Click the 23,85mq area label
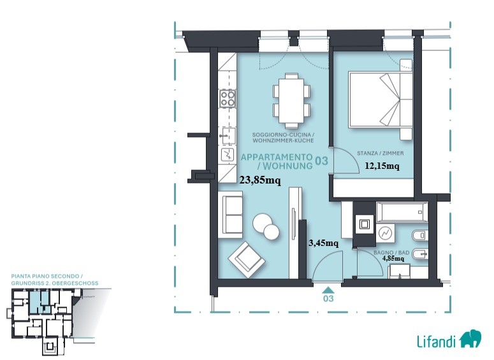pyautogui.click(x=260, y=180)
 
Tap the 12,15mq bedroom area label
pyautogui.click(x=382, y=166)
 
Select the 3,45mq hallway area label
pyautogui.click(x=324, y=243)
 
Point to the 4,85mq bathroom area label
pyautogui.click(x=393, y=258)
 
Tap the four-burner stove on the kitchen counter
pyautogui.click(x=228, y=98)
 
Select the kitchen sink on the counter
pyautogui.click(x=228, y=136)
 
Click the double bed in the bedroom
pyautogui.click(x=381, y=99)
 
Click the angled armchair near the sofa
pyautogui.click(x=247, y=259)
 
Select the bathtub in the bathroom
pyautogui.click(x=402, y=212)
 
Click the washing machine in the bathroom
pyautogui.click(x=385, y=233)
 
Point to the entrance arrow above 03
pyautogui.click(x=328, y=290)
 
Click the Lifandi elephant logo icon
pyautogui.click(x=470, y=338)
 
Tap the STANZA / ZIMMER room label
pyautogui.click(x=381, y=154)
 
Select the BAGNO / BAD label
pyautogui.click(x=391, y=252)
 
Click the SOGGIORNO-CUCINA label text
pyautogui.click(x=282, y=135)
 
